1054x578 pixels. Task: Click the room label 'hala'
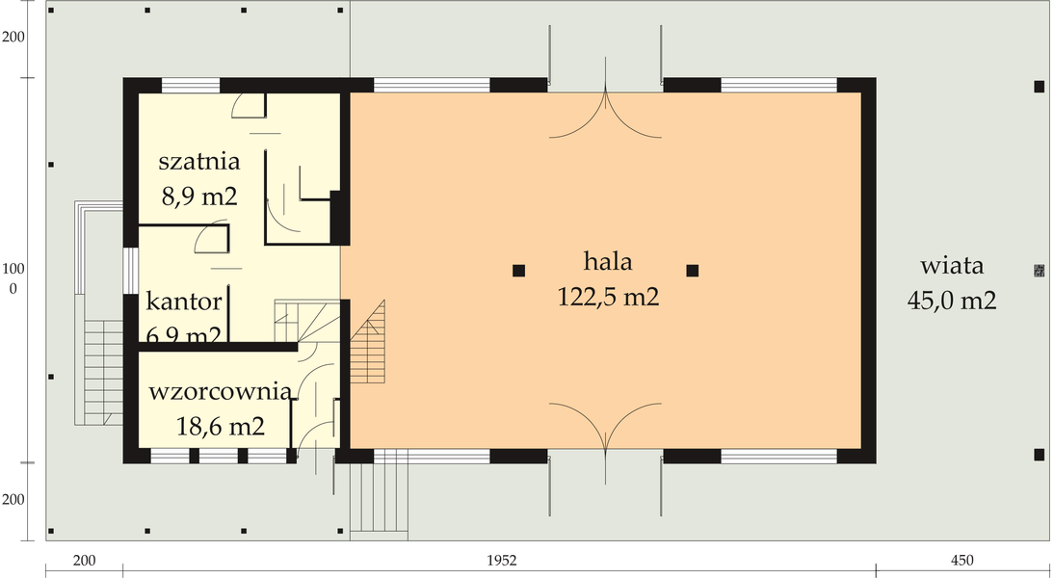(607, 262)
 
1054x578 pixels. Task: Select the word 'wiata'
(951, 266)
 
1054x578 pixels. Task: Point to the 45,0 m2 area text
(951, 301)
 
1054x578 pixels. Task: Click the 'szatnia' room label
(198, 161)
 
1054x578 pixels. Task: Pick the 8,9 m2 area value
(198, 197)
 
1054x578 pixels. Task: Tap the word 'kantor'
(184, 302)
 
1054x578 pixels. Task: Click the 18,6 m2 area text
(221, 426)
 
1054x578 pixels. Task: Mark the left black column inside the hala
(518, 271)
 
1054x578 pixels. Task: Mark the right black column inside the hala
(692, 271)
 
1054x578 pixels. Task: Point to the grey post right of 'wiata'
(1038, 271)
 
